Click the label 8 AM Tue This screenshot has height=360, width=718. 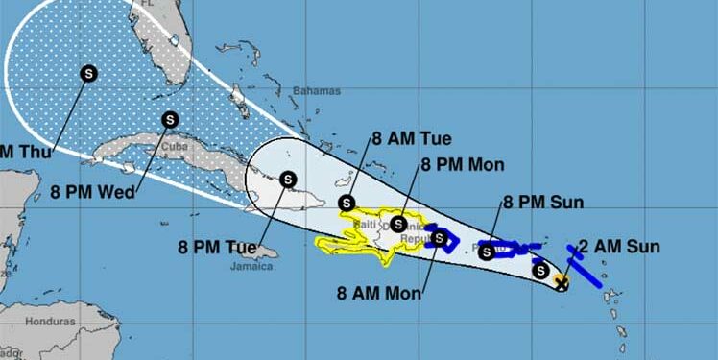tap(412, 137)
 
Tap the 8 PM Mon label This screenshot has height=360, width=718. tap(462, 164)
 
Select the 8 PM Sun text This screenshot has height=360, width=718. tap(543, 202)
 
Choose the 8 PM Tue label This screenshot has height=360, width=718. tap(216, 247)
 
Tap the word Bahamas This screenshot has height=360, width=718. tap(318, 91)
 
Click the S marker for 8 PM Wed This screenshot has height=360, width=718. tap(170, 120)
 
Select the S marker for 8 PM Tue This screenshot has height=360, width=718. tap(287, 178)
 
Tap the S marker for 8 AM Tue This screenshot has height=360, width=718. tap(346, 202)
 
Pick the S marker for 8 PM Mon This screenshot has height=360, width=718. tap(397, 224)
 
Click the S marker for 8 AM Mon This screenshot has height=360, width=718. tap(439, 237)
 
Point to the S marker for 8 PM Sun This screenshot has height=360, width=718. tap(487, 252)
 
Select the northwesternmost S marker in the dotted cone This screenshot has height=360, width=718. tap(88, 72)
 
